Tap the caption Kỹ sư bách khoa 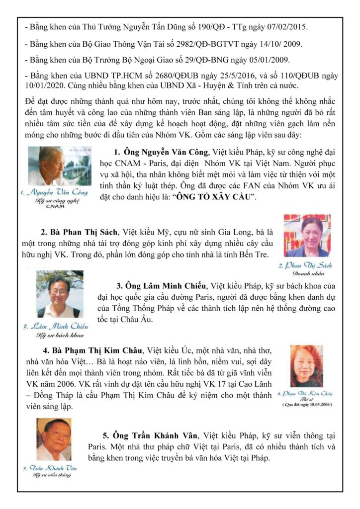pos(55,336)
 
